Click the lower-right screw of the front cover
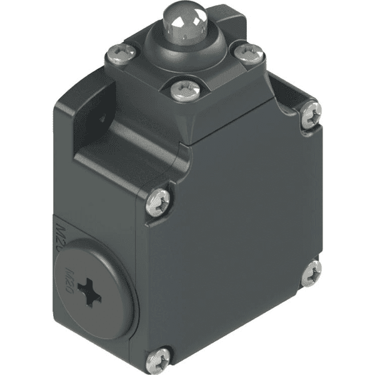click(311, 272)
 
